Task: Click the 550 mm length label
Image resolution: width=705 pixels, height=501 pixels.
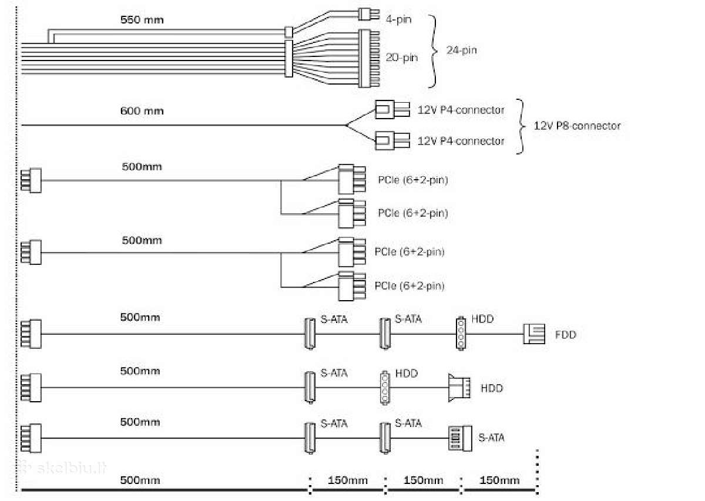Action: coord(142,20)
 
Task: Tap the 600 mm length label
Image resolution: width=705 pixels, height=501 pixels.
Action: coord(142,111)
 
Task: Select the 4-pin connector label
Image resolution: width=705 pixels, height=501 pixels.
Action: coord(398,19)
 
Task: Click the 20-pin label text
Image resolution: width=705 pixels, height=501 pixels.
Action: coord(402,58)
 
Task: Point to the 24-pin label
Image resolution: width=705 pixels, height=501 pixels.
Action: coord(461,50)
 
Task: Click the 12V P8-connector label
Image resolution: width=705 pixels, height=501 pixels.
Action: coord(577,126)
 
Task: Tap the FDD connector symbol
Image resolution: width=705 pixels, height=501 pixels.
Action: coord(534,334)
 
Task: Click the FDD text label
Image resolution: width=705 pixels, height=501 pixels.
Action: coord(566,335)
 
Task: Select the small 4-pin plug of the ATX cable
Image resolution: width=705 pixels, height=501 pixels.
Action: coord(369,14)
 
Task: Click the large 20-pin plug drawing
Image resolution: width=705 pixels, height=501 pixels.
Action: coord(369,58)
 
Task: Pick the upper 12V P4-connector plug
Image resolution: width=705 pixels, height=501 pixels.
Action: coord(392,109)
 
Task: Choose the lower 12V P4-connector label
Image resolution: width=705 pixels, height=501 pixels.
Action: coord(461,141)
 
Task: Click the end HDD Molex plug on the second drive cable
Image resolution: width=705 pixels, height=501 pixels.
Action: coord(459,388)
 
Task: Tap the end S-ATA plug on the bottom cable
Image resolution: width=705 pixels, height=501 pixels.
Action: coord(460,438)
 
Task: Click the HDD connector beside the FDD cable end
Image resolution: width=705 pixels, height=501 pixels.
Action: coord(461,333)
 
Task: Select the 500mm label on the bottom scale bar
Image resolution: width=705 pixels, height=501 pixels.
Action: coord(140,480)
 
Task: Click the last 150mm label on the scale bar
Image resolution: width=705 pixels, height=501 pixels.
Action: coord(499,480)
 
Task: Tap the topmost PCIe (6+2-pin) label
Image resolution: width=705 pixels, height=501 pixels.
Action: coord(413,180)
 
